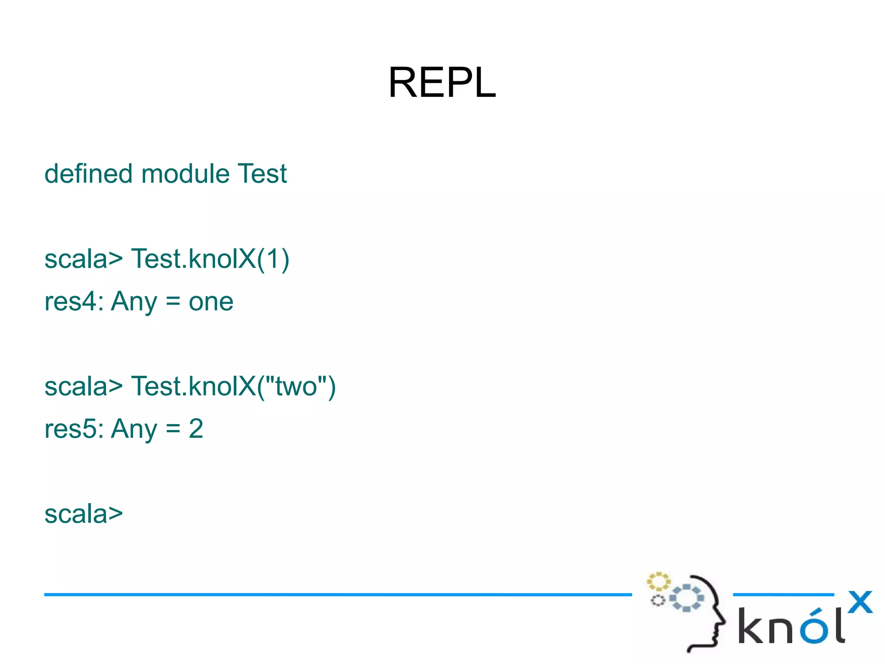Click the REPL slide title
(x=442, y=82)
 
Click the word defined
(x=88, y=174)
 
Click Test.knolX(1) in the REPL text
(x=210, y=259)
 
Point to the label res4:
(x=74, y=301)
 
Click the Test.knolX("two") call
(x=233, y=386)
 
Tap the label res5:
(x=74, y=428)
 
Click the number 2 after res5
(x=196, y=428)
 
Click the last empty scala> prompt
(x=83, y=514)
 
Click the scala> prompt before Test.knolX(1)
(x=83, y=259)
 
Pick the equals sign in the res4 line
(x=173, y=301)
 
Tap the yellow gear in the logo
(x=658, y=581)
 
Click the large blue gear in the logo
(x=687, y=598)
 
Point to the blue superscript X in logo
(x=860, y=602)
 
